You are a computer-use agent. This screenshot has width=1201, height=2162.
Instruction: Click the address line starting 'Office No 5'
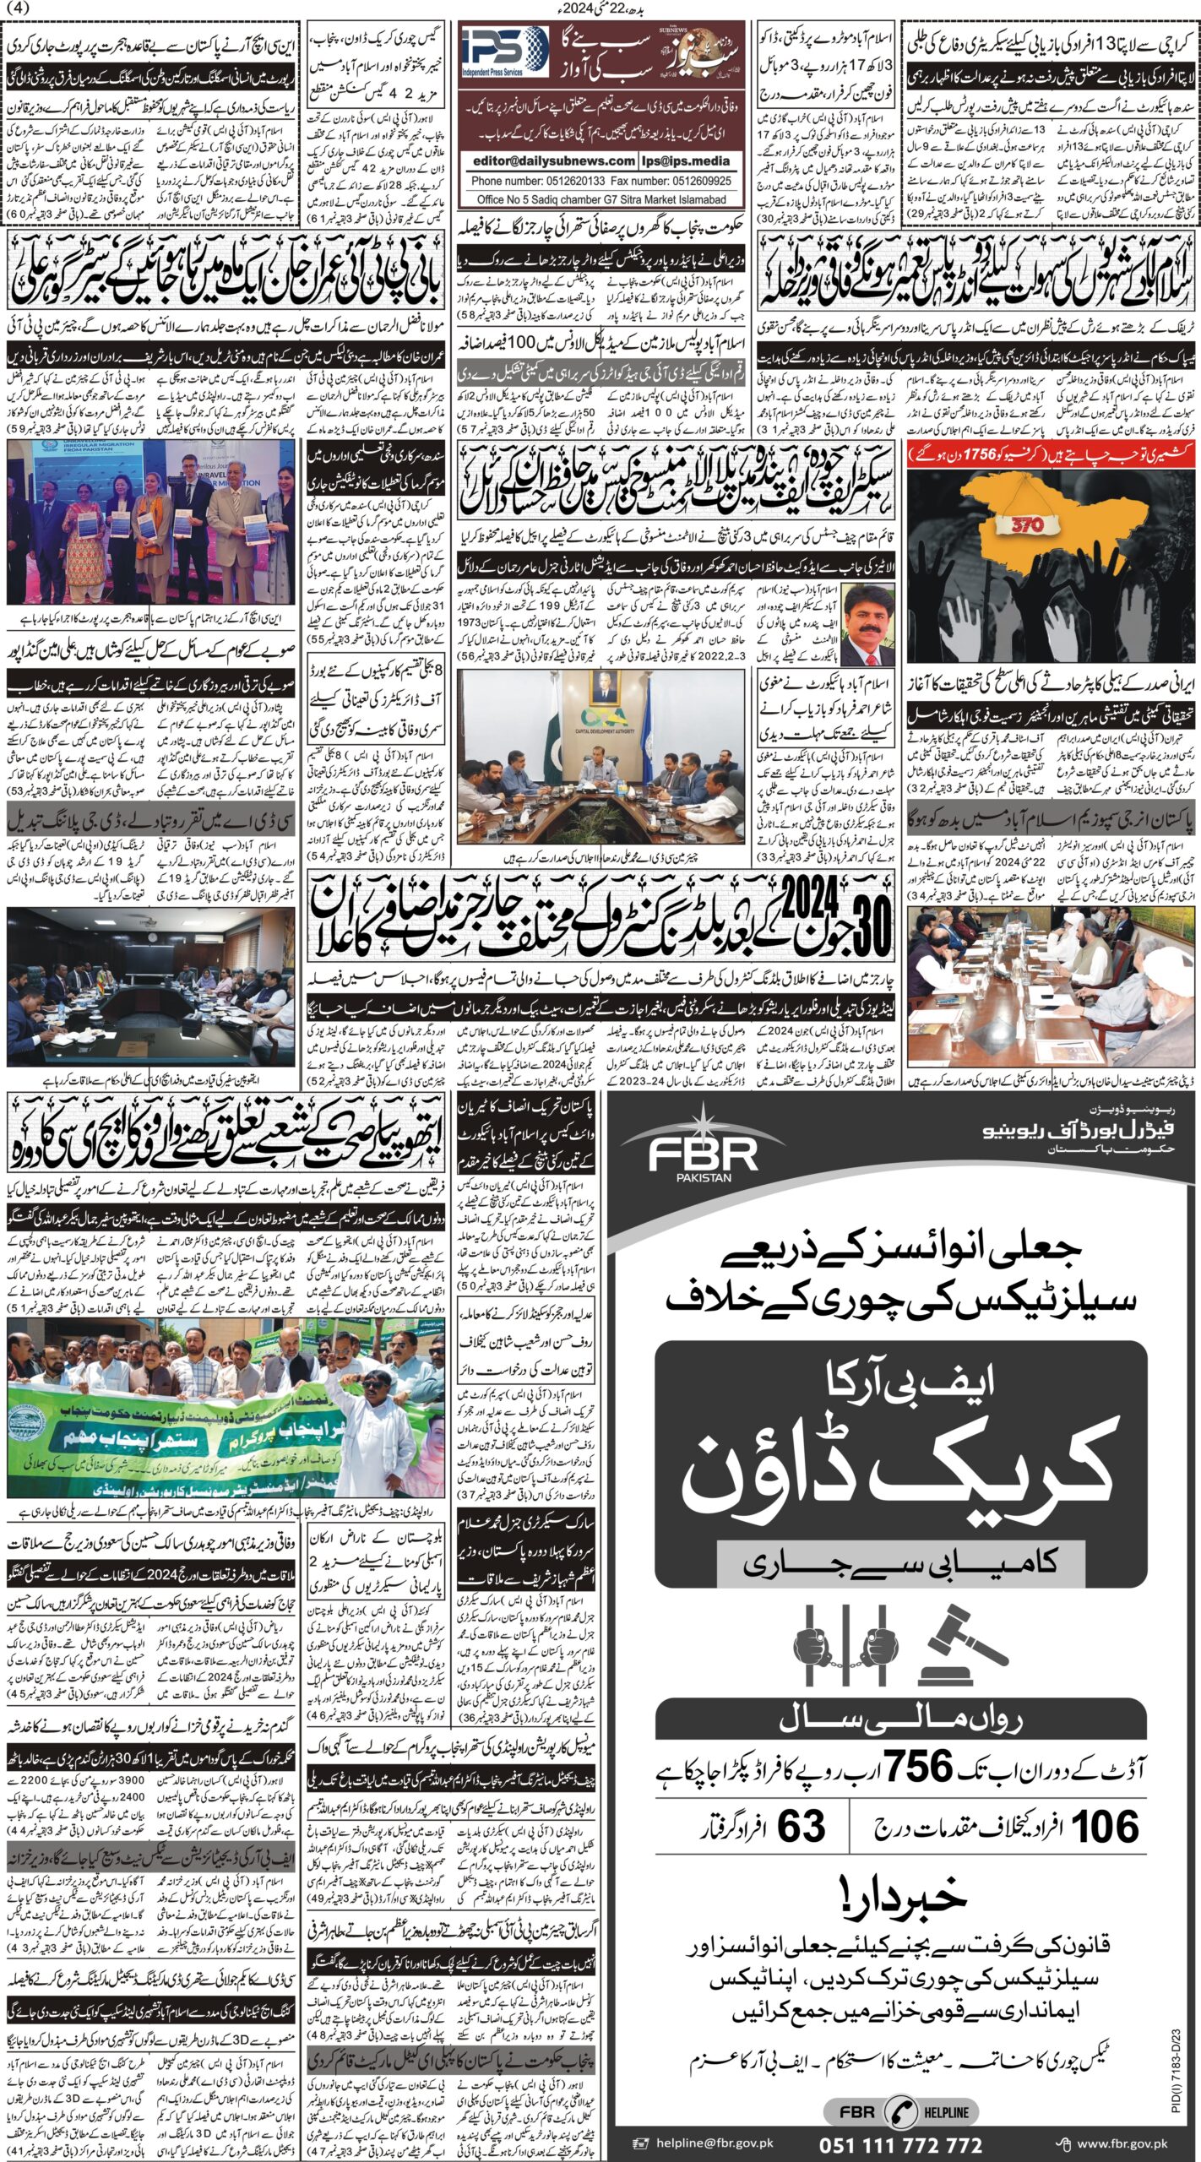601,199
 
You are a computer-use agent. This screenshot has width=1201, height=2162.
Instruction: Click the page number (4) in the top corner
16,8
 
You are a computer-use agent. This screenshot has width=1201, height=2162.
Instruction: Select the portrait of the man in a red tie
866,624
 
